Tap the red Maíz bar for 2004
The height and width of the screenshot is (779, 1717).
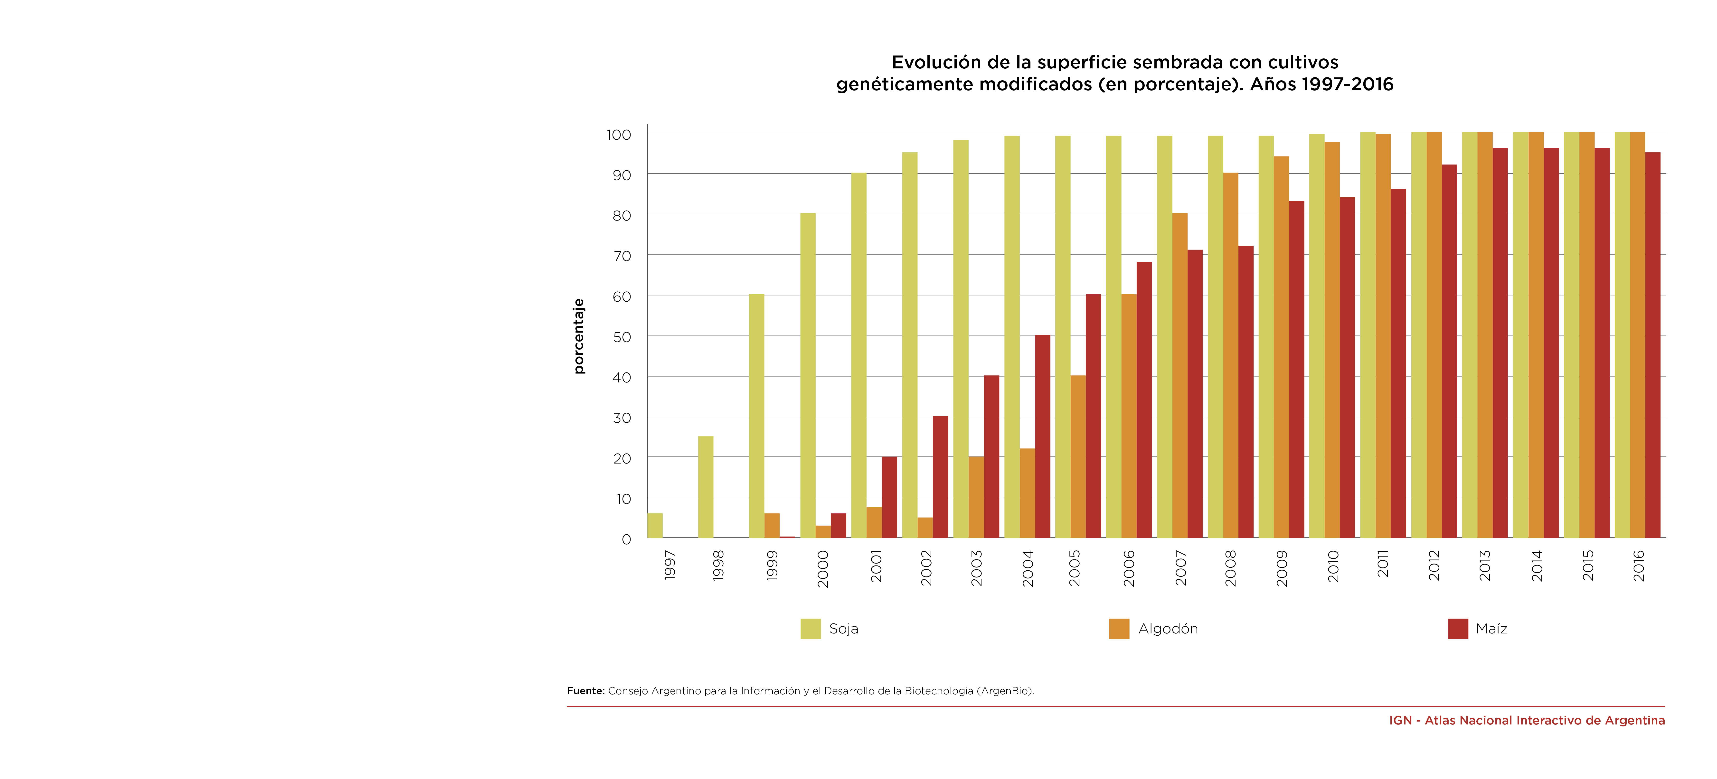[x=1042, y=436]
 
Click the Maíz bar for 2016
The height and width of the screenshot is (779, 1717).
[x=1652, y=345]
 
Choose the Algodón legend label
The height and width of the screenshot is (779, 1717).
[x=1168, y=628]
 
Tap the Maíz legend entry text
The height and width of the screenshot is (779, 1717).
[x=1491, y=628]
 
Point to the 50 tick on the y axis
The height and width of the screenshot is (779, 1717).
[x=622, y=337]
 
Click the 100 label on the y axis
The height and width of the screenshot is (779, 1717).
[x=619, y=135]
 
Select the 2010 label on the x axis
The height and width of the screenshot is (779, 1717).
[x=1333, y=566]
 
